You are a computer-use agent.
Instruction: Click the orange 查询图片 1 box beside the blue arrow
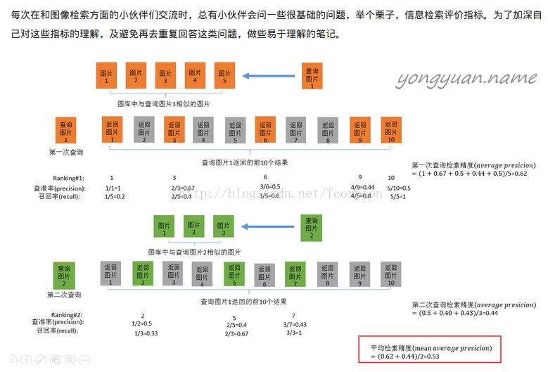point(312,75)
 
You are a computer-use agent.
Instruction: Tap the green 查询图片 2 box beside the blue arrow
point(311,227)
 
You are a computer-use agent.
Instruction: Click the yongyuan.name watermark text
point(466,78)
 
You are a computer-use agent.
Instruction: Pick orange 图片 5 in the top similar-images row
point(224,75)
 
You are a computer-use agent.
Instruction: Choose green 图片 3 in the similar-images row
point(223,226)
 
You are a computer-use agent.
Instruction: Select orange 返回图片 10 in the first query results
point(390,129)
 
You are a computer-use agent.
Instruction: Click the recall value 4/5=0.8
point(361,196)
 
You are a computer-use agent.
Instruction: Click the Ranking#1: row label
point(68,178)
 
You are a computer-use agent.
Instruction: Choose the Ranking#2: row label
point(68,314)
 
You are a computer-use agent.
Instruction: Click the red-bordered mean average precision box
point(431,352)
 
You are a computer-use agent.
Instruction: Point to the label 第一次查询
point(65,151)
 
